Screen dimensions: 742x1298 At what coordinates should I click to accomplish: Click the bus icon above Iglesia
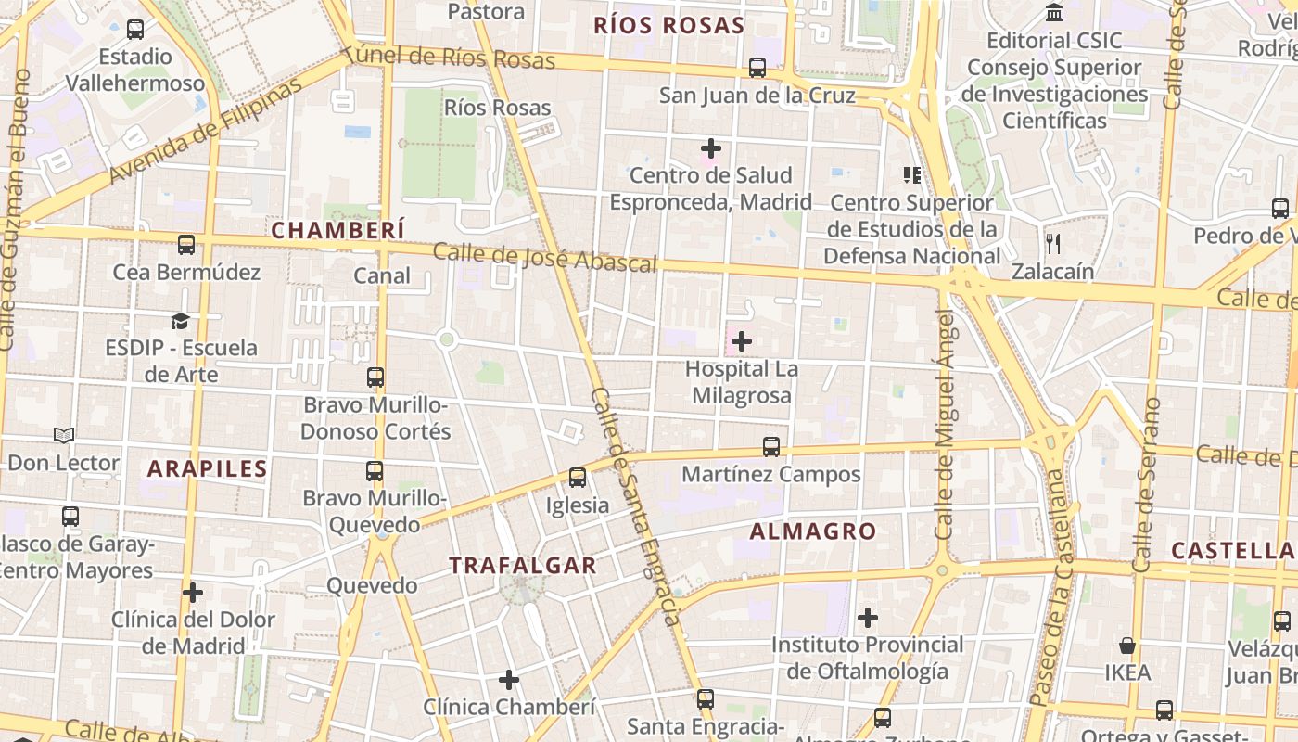pos(578,478)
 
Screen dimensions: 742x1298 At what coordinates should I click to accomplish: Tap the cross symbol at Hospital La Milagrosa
pos(741,341)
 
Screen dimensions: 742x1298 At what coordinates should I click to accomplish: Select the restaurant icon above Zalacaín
pos(1052,244)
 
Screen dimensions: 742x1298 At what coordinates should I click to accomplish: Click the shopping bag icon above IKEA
pos(1127,645)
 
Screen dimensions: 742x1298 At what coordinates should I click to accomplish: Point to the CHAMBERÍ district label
pos(338,230)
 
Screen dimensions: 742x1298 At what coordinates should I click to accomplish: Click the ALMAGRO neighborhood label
pos(812,531)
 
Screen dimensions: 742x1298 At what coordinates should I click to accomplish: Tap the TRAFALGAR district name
pos(523,565)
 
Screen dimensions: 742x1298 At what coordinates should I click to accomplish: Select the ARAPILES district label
pos(208,468)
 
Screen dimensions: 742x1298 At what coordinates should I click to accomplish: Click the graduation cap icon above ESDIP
pos(180,321)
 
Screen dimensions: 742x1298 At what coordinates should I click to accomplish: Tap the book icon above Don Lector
pos(63,435)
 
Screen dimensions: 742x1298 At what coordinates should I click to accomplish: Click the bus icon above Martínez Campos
pos(770,447)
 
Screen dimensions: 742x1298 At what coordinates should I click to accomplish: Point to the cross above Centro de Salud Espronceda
pos(711,147)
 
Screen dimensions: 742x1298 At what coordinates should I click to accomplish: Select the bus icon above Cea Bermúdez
pos(186,245)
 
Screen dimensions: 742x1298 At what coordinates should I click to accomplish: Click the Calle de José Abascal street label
pos(544,258)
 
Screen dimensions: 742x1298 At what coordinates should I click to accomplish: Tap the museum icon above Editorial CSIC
pos(1054,13)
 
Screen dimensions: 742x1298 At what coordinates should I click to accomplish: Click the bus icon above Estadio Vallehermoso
pos(135,30)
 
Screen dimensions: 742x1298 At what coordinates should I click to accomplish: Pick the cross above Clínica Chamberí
pos(508,680)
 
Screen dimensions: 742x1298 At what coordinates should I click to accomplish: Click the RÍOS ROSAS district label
pos(668,25)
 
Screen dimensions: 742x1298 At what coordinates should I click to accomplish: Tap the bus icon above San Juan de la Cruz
pos(757,68)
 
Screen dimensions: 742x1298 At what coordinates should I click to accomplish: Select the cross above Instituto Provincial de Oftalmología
pos(868,617)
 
